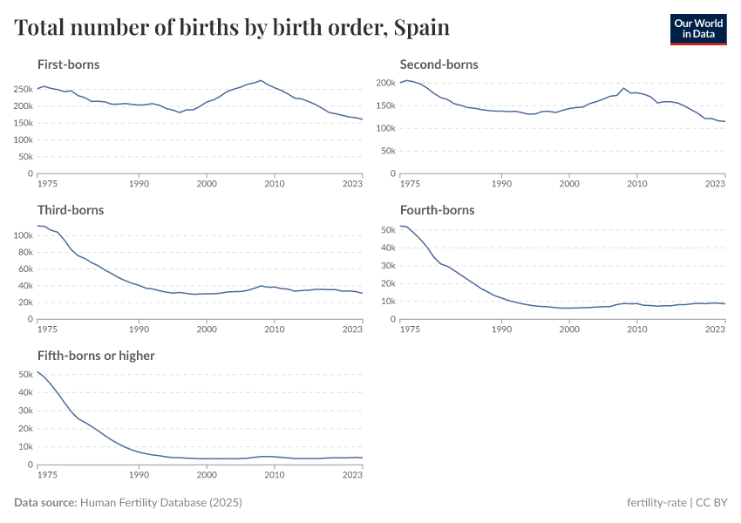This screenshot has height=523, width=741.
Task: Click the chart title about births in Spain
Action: (x=232, y=28)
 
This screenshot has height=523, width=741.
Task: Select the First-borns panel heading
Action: (x=68, y=65)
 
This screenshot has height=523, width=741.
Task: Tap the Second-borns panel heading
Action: (x=438, y=65)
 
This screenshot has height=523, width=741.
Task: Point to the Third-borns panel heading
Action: (x=70, y=210)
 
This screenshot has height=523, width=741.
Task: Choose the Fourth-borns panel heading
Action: (x=437, y=210)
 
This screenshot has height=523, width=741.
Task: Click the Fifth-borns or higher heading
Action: (x=96, y=356)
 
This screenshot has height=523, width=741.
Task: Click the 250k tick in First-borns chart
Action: (x=24, y=89)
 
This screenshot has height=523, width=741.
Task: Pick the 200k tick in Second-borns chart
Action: (x=386, y=83)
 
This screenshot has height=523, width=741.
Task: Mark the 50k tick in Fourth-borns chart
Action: (x=388, y=229)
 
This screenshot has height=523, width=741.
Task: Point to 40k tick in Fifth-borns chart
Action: (x=25, y=392)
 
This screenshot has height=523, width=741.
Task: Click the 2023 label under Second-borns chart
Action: (x=715, y=185)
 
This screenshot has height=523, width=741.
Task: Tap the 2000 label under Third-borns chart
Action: (x=207, y=330)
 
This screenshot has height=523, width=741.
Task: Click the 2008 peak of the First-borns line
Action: (x=261, y=80)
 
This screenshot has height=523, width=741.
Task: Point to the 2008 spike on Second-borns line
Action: (x=623, y=88)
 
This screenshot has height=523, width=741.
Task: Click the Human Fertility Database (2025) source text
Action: (x=160, y=503)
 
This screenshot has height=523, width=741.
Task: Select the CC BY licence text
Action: (x=714, y=503)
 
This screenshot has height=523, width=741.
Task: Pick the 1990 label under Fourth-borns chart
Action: (x=500, y=330)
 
